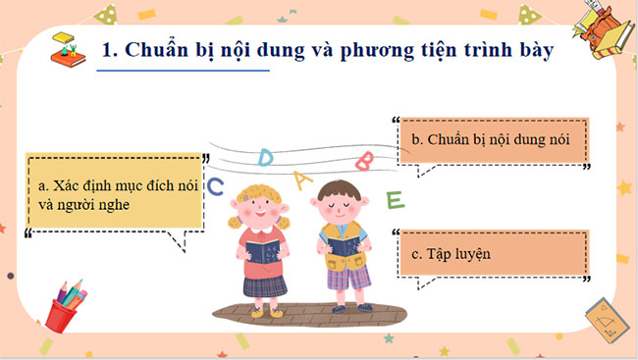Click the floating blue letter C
(x=217, y=183)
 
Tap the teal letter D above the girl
(x=265, y=157)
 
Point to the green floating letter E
(x=395, y=200)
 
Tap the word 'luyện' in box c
(x=468, y=254)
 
